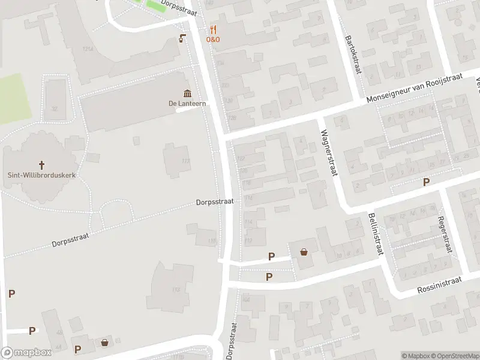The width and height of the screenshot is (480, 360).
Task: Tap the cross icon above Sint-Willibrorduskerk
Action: pos(42,164)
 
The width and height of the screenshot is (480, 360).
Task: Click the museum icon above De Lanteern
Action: pos(188,93)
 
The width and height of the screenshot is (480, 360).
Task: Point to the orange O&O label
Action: pos(214,40)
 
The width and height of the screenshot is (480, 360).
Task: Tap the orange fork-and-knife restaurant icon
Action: pos(213,29)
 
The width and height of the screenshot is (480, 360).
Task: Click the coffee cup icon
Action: pos(182,39)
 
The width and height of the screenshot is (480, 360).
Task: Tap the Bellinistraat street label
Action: pos(376,234)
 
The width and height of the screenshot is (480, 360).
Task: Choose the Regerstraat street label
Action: pos(445,235)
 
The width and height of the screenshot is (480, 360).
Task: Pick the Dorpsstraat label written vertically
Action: pos(232,340)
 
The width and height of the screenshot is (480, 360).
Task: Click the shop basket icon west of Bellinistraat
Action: pos(304,253)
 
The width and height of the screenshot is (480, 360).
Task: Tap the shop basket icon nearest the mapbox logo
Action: pos(105,343)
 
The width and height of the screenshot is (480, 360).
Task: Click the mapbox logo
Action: pos(26,353)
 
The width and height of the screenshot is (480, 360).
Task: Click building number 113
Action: pos(176,290)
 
